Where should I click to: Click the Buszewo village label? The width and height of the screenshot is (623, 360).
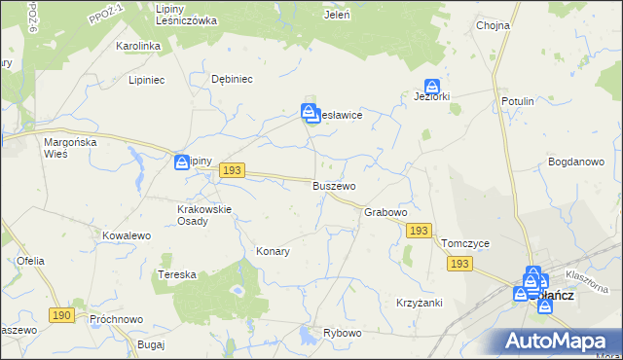pyautogui.click(x=334, y=185)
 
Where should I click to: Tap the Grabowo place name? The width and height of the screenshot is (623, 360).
pyautogui.click(x=385, y=212)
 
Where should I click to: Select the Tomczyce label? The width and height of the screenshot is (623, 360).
pyautogui.click(x=464, y=243)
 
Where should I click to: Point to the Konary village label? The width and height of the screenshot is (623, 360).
pyautogui.click(x=273, y=251)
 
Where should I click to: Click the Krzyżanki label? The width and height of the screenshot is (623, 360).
pyautogui.click(x=420, y=303)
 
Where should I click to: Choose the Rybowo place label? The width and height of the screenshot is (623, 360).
pyautogui.click(x=343, y=333)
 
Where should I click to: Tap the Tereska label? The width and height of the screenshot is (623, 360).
pyautogui.click(x=177, y=275)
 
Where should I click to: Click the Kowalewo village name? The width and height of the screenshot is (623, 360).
pyautogui.click(x=127, y=235)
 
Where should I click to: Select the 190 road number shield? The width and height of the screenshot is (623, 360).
pyautogui.click(x=60, y=315)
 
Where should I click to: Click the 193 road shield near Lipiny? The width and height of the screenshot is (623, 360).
pyautogui.click(x=231, y=170)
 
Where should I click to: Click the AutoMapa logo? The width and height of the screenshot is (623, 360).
pyautogui.click(x=560, y=341)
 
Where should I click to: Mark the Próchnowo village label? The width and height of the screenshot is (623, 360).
pyautogui.click(x=116, y=319)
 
